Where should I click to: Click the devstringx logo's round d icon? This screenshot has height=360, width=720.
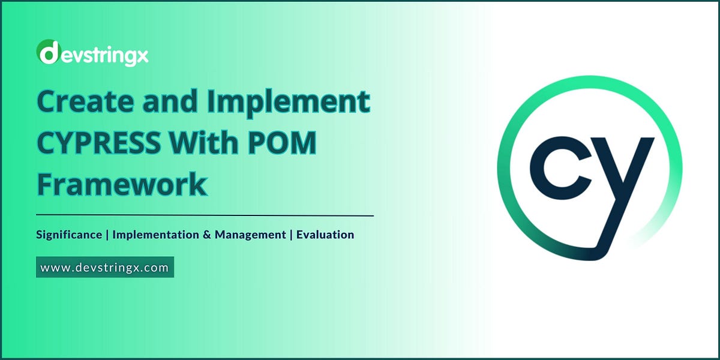(47, 53)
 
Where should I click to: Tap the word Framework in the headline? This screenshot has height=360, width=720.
(122, 184)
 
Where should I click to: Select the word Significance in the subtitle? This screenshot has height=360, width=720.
(68, 235)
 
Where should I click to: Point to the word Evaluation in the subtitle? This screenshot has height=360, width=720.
(326, 235)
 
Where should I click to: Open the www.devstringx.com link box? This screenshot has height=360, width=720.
(105, 268)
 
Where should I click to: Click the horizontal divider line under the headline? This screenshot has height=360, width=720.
(205, 215)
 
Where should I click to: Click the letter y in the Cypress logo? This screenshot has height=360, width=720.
(621, 180)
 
